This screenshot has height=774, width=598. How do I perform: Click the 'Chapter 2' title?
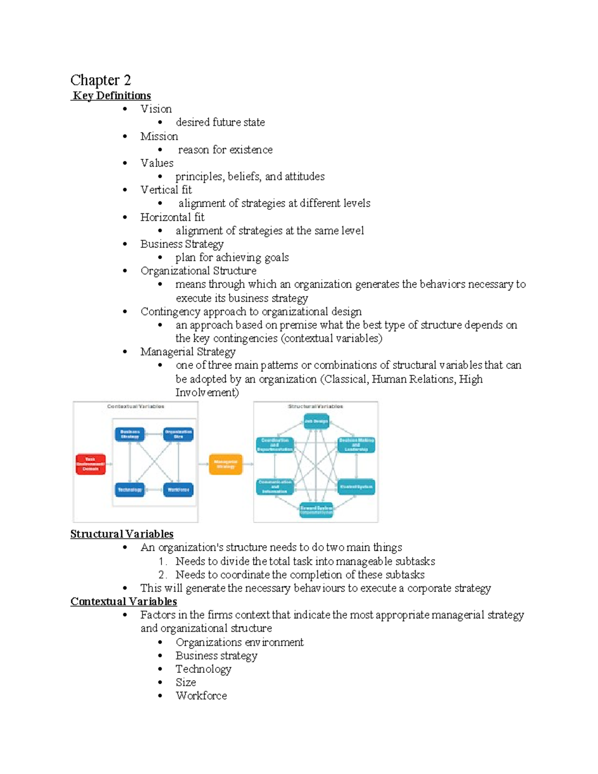[x=100, y=80]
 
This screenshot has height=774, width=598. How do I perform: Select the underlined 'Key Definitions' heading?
[x=112, y=96]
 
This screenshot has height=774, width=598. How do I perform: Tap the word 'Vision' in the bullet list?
[x=156, y=109]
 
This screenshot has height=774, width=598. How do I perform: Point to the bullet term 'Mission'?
[x=159, y=137]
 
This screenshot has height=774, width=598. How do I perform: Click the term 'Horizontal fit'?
[x=172, y=217]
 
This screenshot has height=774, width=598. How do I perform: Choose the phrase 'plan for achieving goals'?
[x=232, y=258]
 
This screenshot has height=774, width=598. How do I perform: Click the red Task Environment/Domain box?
[x=90, y=464]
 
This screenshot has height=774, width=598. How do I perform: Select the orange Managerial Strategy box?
[x=226, y=464]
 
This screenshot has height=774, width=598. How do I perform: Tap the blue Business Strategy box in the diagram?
[x=130, y=434]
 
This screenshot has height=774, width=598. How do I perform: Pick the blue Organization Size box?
[x=178, y=434]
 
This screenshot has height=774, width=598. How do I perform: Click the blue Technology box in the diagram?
[x=130, y=490]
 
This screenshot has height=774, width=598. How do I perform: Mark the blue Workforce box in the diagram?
[x=178, y=490]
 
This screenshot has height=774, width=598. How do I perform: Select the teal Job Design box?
[x=316, y=422]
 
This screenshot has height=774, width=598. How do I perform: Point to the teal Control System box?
[x=356, y=486]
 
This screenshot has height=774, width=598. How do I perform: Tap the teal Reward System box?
[x=316, y=510]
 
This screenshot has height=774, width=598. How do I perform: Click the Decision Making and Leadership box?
[x=356, y=445]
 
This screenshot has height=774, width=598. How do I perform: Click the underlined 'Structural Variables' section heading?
[x=122, y=534]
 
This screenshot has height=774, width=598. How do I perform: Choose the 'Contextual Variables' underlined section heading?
[x=124, y=602]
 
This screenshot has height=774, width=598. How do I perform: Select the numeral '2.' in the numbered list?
[x=162, y=575]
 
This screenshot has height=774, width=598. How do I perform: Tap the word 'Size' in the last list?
[x=185, y=682]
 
